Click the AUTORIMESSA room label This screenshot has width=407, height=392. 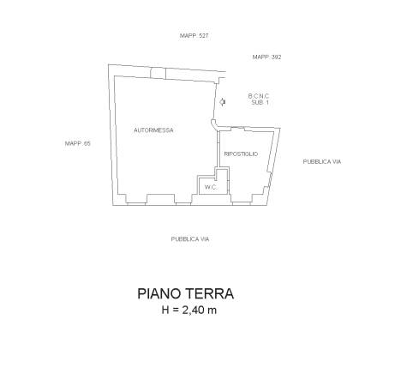click(x=153, y=130)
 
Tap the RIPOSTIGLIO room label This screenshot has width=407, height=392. click(x=241, y=154)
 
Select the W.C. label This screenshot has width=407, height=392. click(x=211, y=188)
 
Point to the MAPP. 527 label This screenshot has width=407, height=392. click(x=195, y=36)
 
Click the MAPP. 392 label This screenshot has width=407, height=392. click(x=266, y=57)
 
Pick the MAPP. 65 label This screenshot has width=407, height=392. click(x=78, y=143)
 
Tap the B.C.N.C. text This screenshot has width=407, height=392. click(x=259, y=96)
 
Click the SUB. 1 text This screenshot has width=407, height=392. click(x=260, y=102)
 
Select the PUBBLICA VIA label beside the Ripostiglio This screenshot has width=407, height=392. click(x=322, y=162)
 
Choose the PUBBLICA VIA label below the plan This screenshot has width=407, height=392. click(x=190, y=239)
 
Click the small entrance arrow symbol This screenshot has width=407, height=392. click(x=223, y=102)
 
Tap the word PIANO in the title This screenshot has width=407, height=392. click(x=159, y=294)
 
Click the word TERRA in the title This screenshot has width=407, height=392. click(x=210, y=294)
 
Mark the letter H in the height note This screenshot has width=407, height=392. click(x=165, y=311)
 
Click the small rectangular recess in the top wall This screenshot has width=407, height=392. click(x=158, y=74)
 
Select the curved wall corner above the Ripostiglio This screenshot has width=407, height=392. click(x=214, y=124)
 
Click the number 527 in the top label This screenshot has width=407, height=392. click(x=203, y=36)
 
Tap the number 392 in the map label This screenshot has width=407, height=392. click(x=276, y=57)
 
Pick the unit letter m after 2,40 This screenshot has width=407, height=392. click(x=212, y=311)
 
